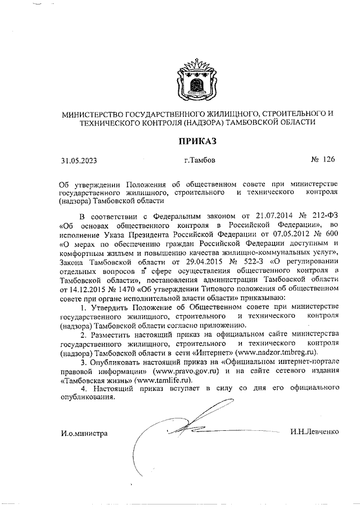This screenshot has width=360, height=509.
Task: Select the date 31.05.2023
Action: pos(79,160)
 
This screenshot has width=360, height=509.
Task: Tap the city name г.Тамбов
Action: pos(199,160)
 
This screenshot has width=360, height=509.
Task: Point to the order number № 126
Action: pos(323,160)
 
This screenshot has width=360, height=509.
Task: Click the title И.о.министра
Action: pos(84,432)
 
